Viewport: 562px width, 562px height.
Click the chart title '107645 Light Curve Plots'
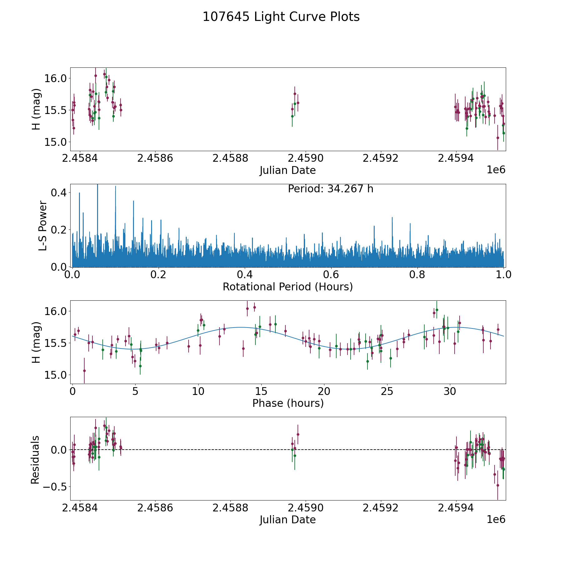coord(281,17)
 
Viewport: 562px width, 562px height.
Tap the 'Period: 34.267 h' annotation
coord(330,189)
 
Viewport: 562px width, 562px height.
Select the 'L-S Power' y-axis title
coord(43,225)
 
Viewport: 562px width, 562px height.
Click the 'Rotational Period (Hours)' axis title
coord(288,287)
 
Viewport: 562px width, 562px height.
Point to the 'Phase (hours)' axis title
coord(288,403)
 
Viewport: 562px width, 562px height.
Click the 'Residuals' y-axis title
coord(35,460)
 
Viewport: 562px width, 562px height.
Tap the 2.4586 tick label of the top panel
coord(155,158)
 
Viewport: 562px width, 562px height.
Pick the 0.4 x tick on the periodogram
coord(245,275)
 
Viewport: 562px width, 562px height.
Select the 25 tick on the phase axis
coord(387,391)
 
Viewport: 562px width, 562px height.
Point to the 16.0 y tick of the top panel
coord(55,78)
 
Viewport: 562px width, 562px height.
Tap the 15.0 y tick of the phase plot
coord(55,375)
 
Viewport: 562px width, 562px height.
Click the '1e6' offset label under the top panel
coord(496,170)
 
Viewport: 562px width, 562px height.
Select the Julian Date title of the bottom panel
coord(288,520)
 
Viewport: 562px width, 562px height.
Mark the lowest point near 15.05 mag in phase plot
coord(84,371)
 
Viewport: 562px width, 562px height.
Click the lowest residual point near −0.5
coord(498,485)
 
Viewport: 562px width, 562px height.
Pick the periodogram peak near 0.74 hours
coord(392,218)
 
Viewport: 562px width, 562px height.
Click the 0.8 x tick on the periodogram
coord(417,275)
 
